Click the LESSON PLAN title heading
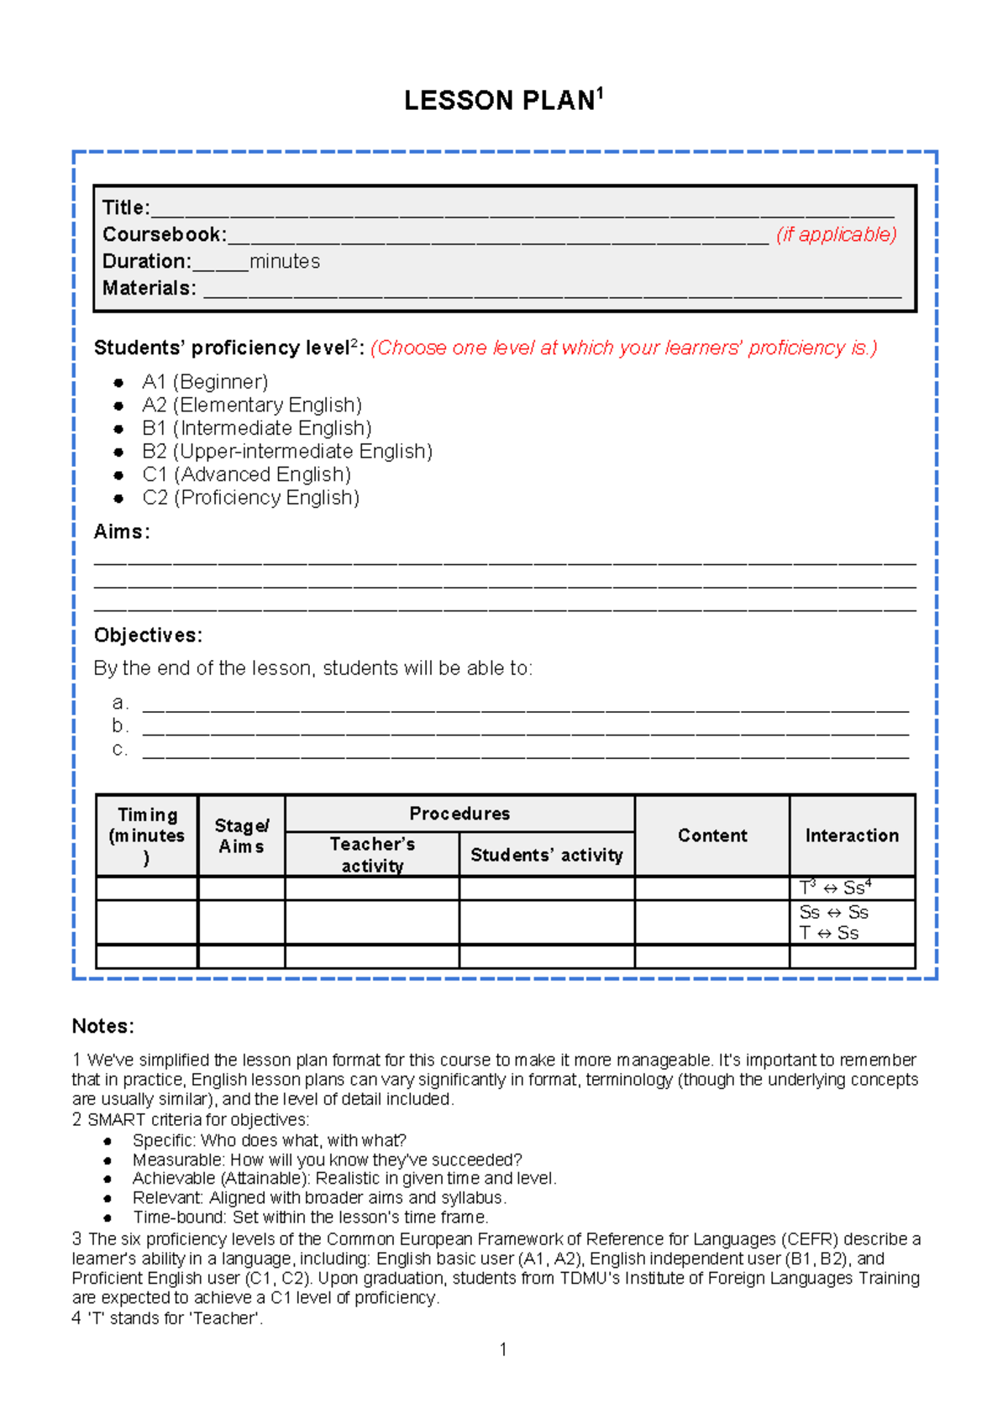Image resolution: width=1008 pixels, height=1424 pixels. click(x=502, y=101)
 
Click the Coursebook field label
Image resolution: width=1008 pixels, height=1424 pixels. click(x=164, y=234)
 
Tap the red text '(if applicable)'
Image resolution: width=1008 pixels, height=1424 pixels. click(x=836, y=234)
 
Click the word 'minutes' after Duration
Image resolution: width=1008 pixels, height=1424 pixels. click(x=285, y=261)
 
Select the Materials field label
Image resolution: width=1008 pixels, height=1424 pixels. click(x=149, y=288)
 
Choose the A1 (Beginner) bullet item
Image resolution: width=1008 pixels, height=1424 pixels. click(x=205, y=382)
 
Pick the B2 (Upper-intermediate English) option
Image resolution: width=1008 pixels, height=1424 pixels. click(x=287, y=452)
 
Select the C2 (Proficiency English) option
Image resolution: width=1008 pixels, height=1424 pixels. click(x=250, y=498)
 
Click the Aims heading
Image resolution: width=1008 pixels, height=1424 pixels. click(x=121, y=531)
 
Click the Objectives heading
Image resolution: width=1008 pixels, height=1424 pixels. click(x=148, y=635)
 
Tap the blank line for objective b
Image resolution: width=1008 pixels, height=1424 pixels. click(x=525, y=727)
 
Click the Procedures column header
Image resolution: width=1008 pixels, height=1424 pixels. click(x=459, y=814)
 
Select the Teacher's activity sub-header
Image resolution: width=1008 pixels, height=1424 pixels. click(x=372, y=855)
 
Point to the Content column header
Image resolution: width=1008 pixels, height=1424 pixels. click(x=712, y=835)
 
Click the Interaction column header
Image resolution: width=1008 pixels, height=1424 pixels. click(x=852, y=835)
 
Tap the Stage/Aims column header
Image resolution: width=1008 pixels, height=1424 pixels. click(x=241, y=835)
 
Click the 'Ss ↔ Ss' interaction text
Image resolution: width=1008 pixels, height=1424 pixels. click(x=833, y=913)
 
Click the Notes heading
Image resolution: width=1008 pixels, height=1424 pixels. click(x=102, y=1026)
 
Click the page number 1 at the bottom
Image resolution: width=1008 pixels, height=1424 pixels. click(x=502, y=1349)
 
